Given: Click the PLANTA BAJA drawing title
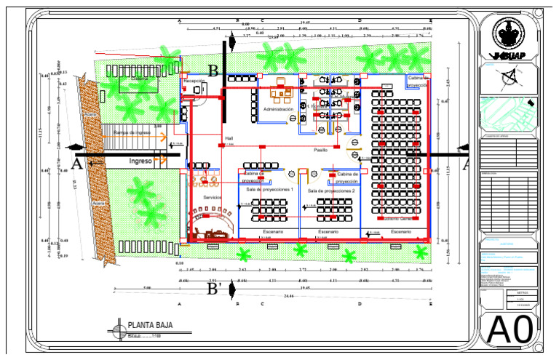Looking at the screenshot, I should [x=150, y=325].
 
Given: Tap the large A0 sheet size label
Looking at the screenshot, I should [x=510, y=329].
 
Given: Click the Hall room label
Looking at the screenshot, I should [x=229, y=137].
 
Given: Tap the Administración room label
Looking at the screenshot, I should [x=278, y=109].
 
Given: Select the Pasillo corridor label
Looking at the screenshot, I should [x=320, y=150].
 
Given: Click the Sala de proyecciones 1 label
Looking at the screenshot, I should [x=270, y=190].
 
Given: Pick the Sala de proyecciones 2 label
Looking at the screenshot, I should [x=331, y=190].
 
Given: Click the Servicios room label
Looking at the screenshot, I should [x=213, y=197].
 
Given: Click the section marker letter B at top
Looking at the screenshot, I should [x=213, y=71].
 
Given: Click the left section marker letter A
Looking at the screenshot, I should [x=77, y=164].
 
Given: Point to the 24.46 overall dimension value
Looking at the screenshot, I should [x=289, y=296].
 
